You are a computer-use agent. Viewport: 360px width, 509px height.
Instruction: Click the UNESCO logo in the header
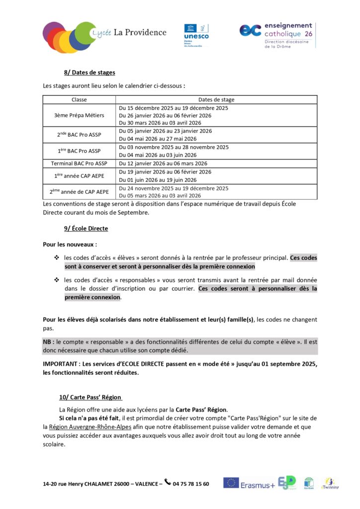pos(196,33)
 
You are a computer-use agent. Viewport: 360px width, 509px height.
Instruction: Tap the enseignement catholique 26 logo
pos(276,34)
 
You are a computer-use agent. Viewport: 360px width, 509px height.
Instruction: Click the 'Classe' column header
pos(79,99)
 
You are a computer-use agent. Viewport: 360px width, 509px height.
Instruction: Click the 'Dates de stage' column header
pos(216,99)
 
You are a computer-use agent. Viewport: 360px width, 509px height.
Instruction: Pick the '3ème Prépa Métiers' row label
pos(79,115)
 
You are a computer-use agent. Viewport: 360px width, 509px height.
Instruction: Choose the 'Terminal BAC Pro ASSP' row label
pos(79,163)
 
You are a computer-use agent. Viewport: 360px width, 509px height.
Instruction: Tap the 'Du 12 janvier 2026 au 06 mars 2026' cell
pos(163,163)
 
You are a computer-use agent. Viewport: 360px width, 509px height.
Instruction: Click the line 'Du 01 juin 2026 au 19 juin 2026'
pos(158,180)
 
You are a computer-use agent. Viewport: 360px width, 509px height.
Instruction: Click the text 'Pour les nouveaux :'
pos(70,245)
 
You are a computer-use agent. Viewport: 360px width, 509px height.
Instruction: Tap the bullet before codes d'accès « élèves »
pos(56,258)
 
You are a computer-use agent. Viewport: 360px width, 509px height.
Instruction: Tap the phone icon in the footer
pos(167,482)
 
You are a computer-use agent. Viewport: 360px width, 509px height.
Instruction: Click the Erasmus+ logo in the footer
pos(249,484)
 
